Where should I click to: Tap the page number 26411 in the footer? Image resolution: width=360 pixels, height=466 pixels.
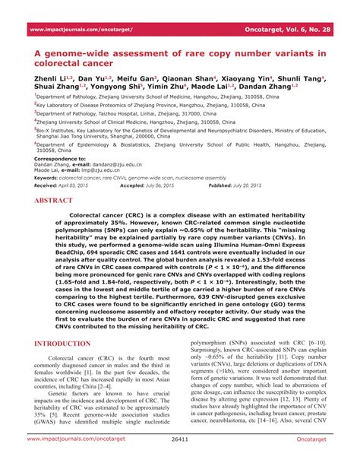(x=180, y=460)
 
